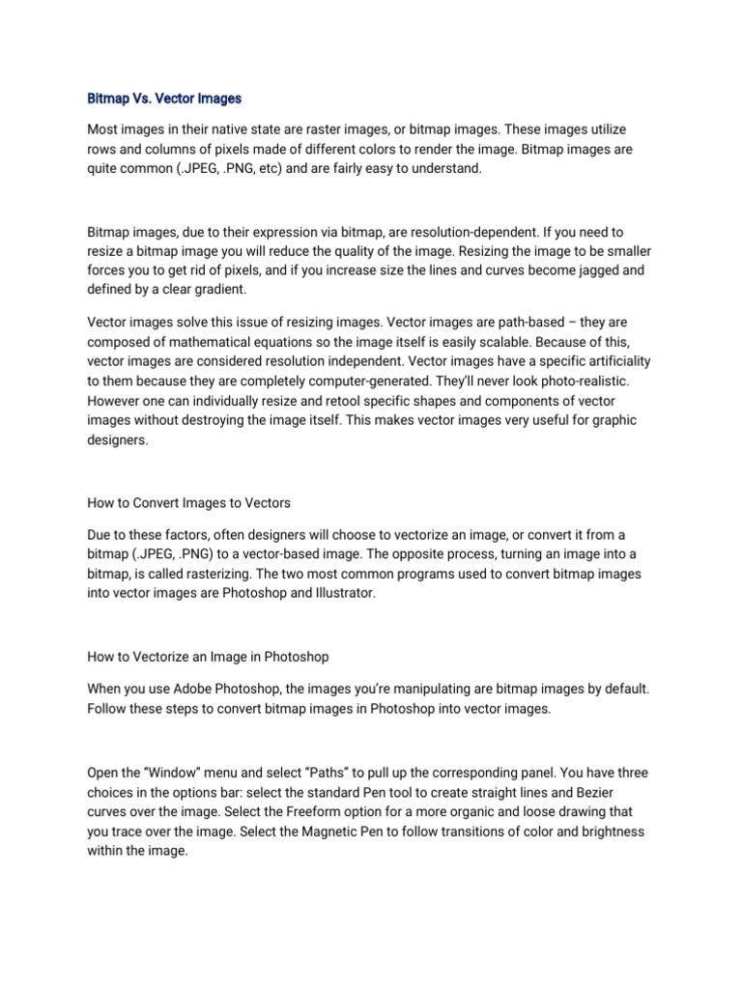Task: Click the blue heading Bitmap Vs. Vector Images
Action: coord(164,99)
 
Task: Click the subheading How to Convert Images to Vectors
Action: coord(189,503)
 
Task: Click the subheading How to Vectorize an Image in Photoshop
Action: coord(209,657)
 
